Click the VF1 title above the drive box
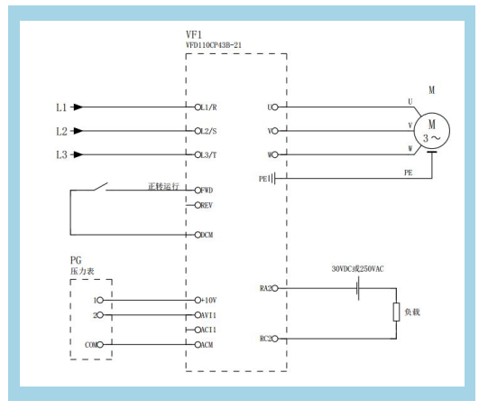[193, 34]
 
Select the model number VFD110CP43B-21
[214, 45]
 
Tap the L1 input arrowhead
[78, 107]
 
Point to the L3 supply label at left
[61, 154]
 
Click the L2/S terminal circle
[198, 131]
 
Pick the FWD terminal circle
[198, 190]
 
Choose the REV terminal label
[207, 205]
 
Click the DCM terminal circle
[198, 235]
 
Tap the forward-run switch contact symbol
[100, 186]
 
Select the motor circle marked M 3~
[432, 131]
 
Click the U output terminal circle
[275, 107]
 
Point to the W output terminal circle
[275, 154]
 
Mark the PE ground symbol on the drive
[273, 179]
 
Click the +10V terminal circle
[198, 300]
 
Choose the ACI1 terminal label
[208, 330]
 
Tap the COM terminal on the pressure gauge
[100, 345]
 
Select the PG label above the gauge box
[76, 260]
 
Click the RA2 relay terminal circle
[275, 288]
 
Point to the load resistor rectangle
[396, 312]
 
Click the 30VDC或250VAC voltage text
[357, 269]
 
